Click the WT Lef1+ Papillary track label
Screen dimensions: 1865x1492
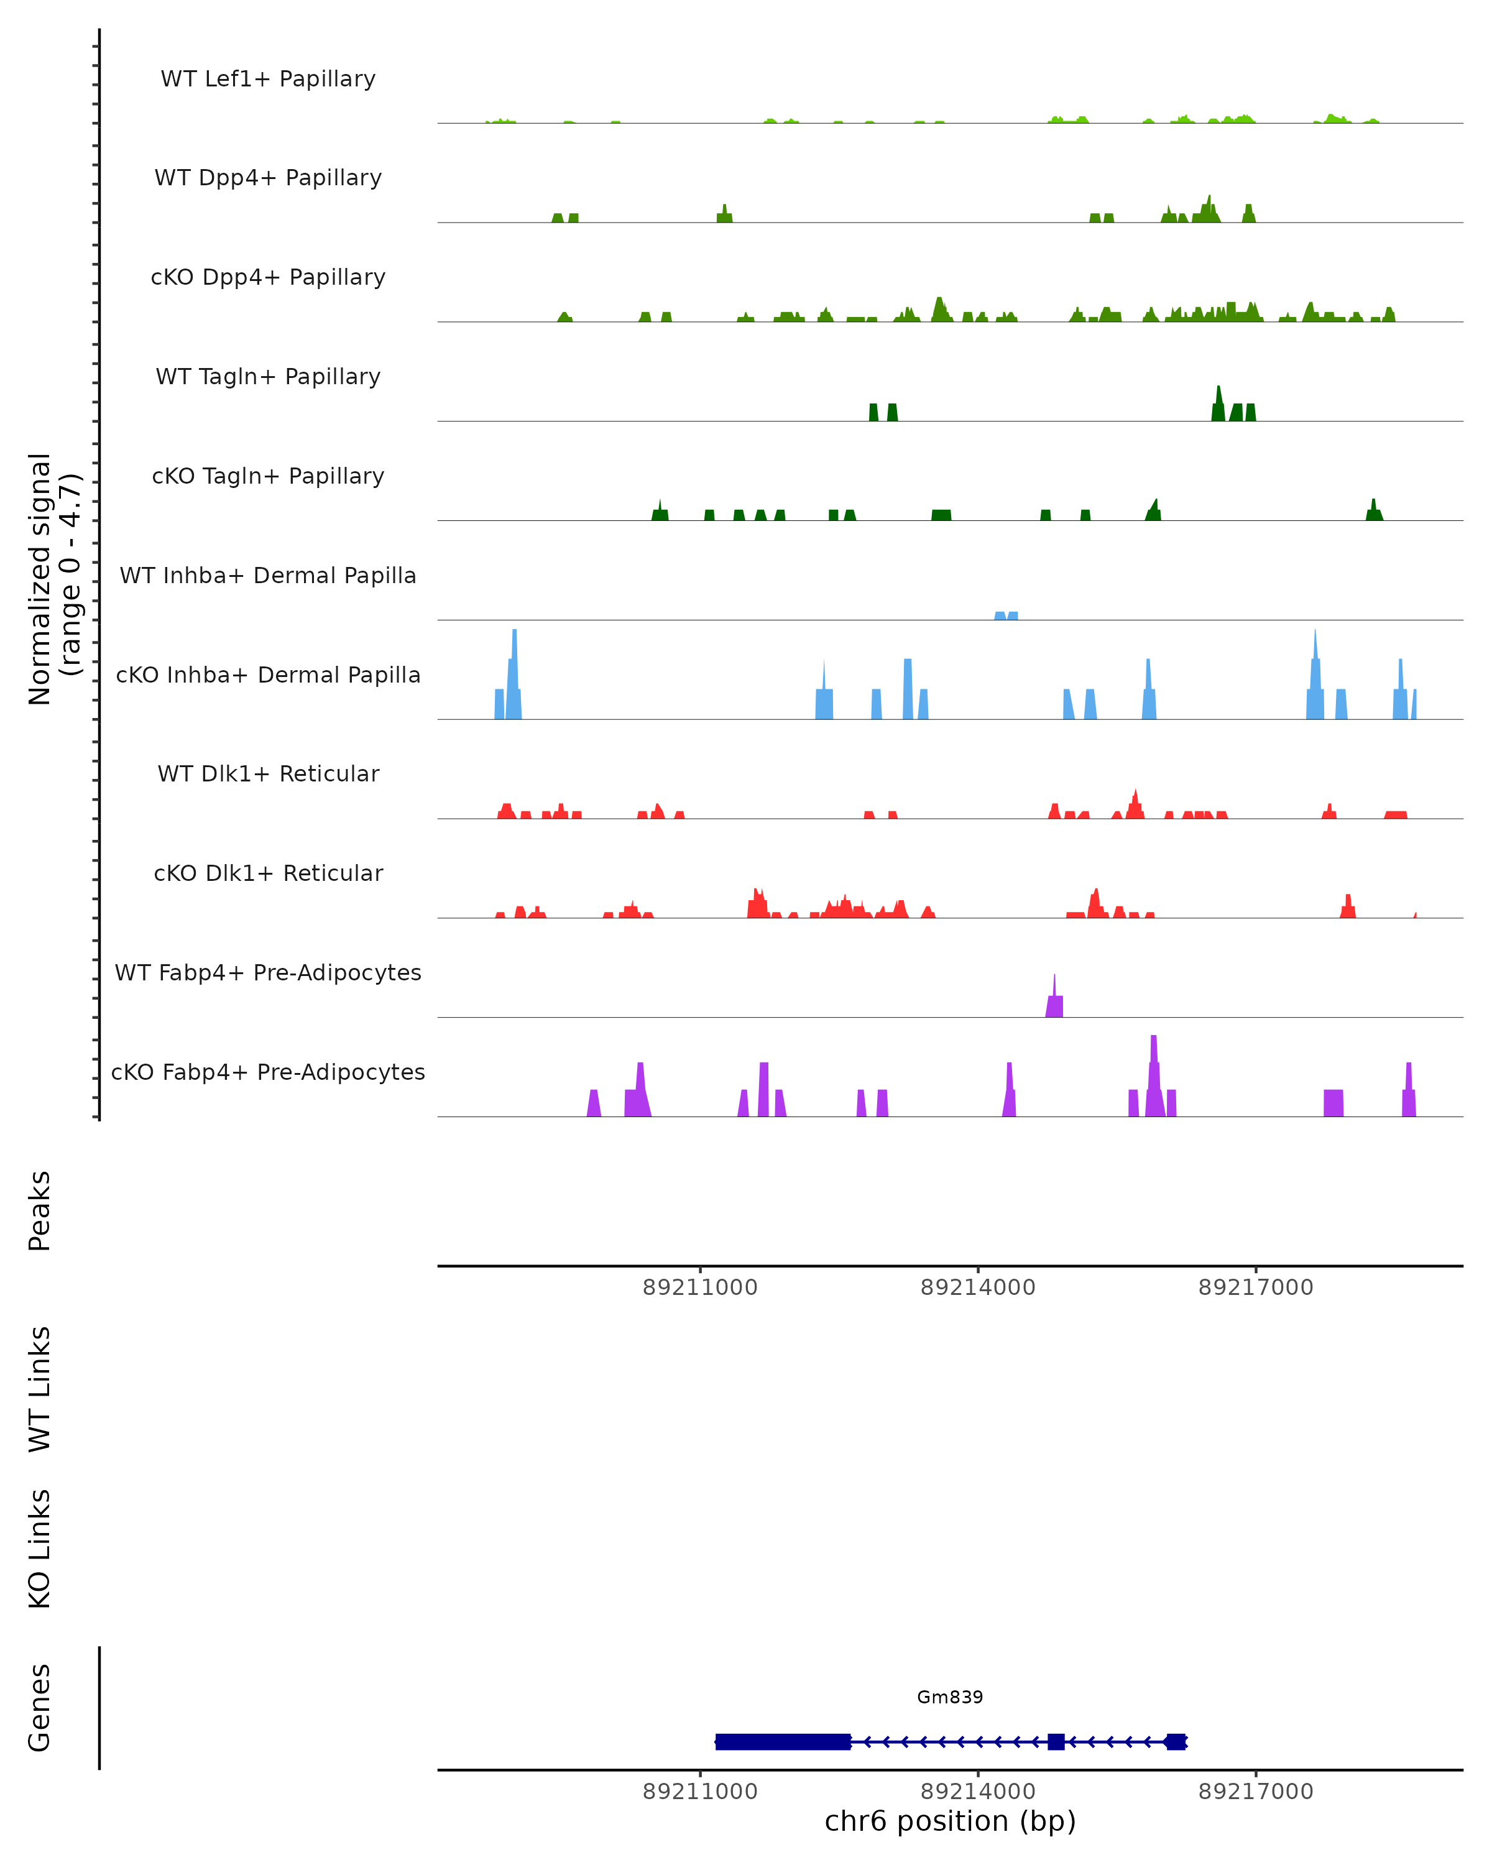[268, 79]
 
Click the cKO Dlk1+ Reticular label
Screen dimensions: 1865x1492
[268, 873]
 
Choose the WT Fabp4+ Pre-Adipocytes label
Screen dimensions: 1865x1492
[268, 972]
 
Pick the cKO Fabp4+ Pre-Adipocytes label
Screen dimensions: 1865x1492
[268, 1072]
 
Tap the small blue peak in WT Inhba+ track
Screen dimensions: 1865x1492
[1006, 615]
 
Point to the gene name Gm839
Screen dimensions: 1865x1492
[950, 1697]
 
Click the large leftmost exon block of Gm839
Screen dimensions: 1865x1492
[783, 1741]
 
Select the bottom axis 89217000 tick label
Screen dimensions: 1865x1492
[1255, 1792]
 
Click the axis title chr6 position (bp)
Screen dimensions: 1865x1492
[950, 1821]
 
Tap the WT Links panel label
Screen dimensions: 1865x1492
[40, 1388]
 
